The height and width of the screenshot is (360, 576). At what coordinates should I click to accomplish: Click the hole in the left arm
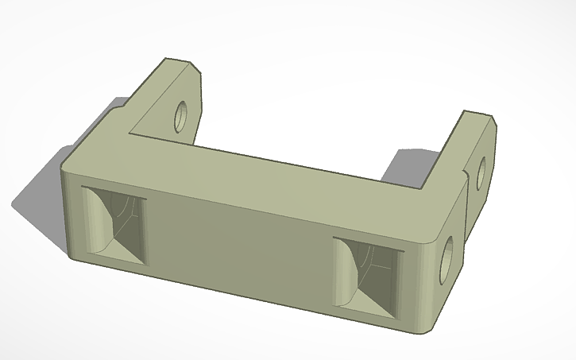pyautogui.click(x=183, y=116)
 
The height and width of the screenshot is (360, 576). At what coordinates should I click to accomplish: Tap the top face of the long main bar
pyautogui.click(x=262, y=179)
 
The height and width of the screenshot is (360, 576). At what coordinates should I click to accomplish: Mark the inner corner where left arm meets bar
pyautogui.click(x=131, y=132)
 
